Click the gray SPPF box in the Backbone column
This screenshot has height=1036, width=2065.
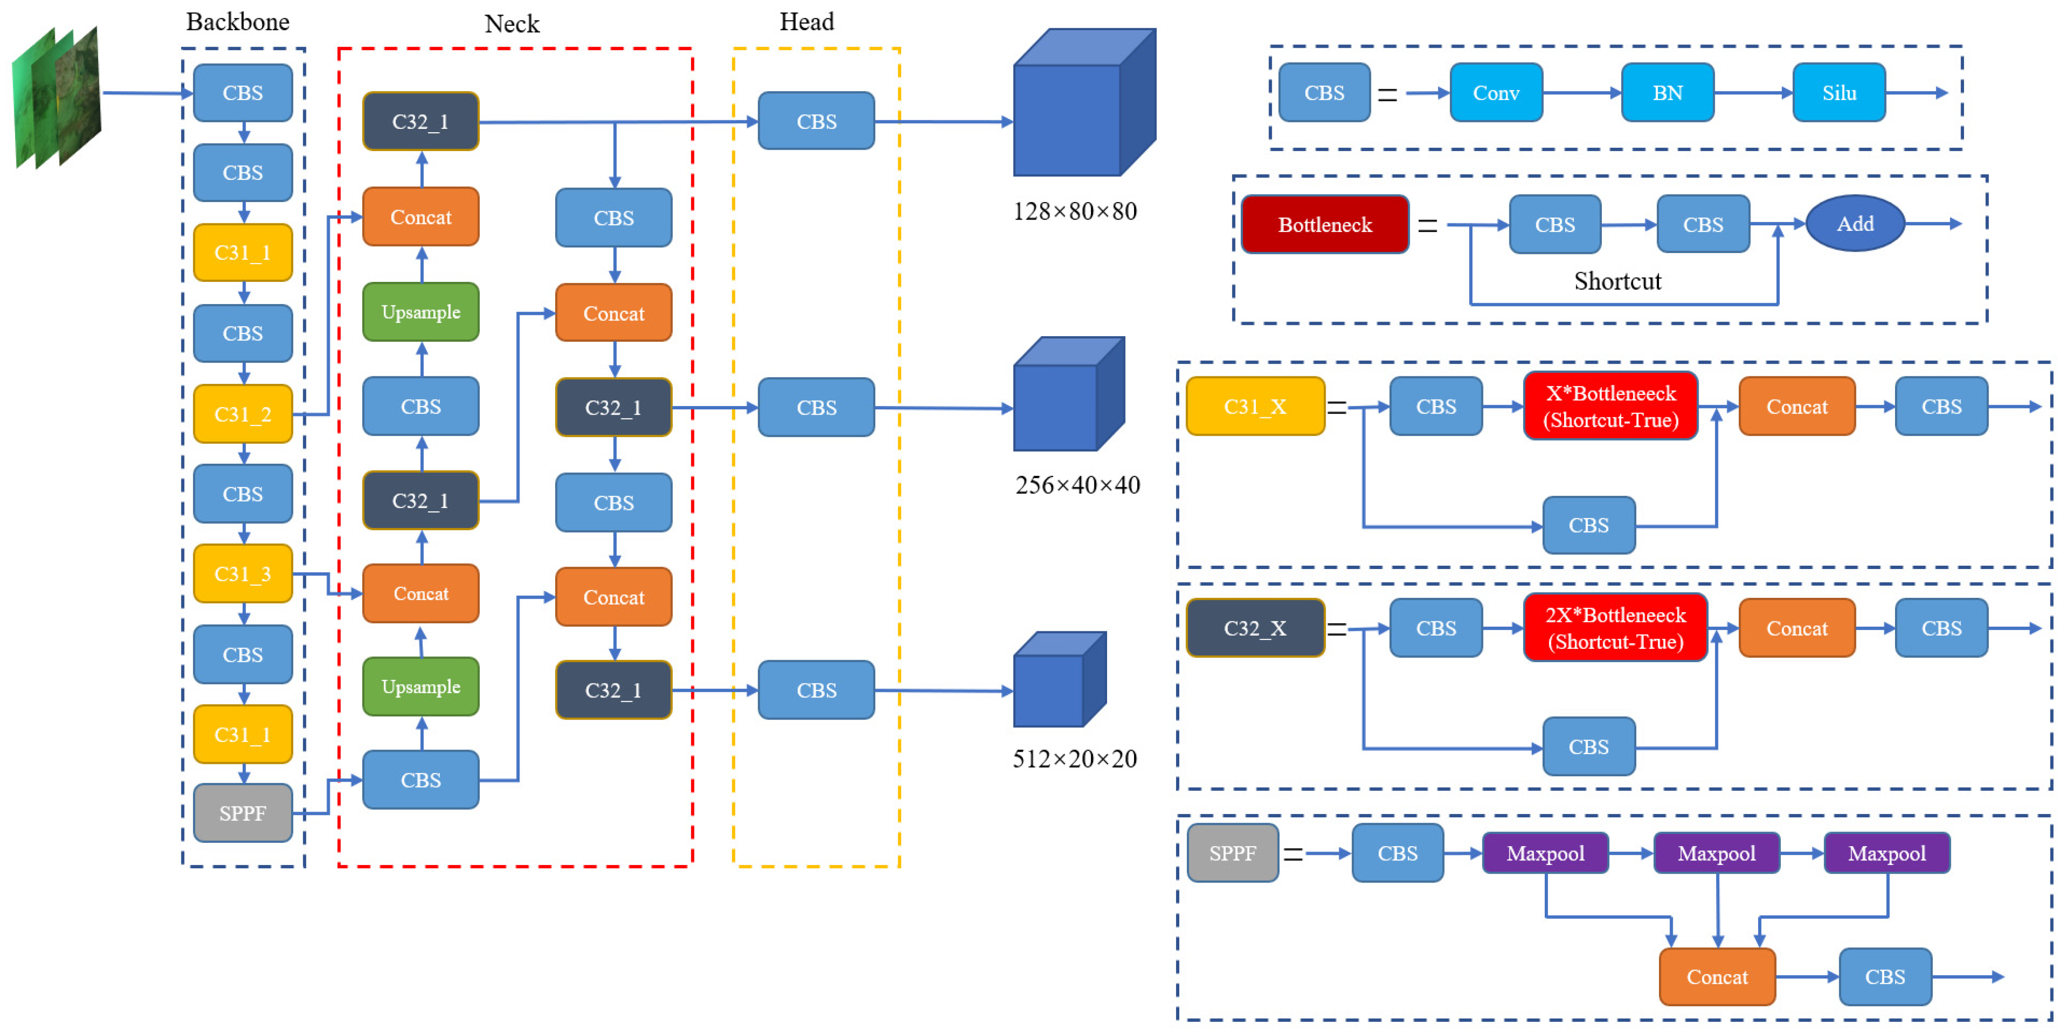coord(243,813)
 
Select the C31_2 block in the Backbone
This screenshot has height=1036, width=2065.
coord(243,414)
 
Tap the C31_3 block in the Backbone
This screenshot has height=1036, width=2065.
coord(243,574)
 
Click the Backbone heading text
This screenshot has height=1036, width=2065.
coord(237,22)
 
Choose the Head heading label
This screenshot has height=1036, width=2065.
coord(806,22)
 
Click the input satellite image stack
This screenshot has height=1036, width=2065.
coord(56,96)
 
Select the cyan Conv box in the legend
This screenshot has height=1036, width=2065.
coord(1496,93)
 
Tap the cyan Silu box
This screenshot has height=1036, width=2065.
coord(1839,93)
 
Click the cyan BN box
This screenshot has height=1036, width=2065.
coord(1667,93)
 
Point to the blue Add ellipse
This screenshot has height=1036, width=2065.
coord(1855,224)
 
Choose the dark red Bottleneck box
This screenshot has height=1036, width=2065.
coord(1324,224)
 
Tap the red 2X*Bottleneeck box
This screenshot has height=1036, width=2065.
coord(1615,628)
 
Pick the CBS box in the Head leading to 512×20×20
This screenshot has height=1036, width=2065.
coord(816,690)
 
